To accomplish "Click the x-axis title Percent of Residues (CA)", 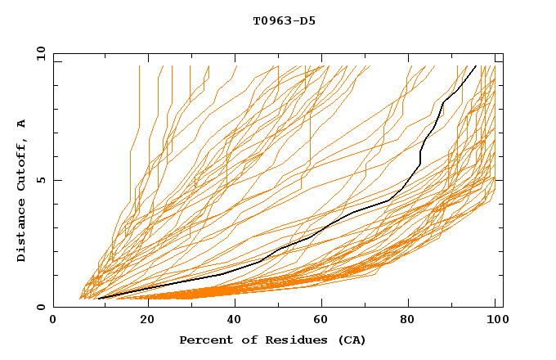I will [x=272, y=340].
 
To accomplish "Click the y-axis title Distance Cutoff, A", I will [x=21, y=190].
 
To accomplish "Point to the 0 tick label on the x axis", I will [x=53, y=321].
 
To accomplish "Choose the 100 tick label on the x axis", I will [x=495, y=321].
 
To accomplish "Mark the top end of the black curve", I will [x=476, y=65].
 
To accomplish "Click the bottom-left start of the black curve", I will [x=98, y=299].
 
